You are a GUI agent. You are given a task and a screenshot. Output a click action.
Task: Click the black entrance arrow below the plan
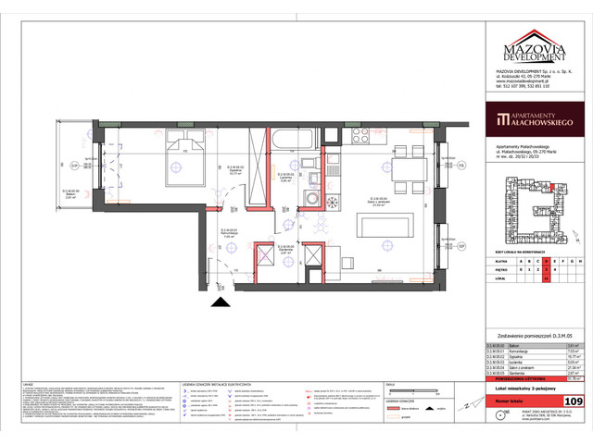pos(220,299)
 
